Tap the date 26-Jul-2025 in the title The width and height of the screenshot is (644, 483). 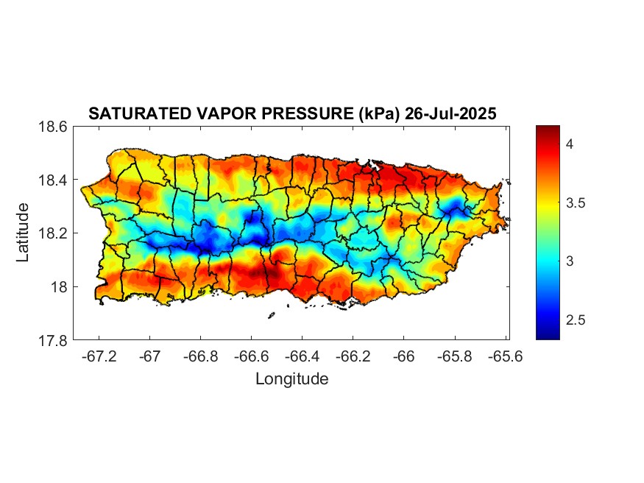point(450,114)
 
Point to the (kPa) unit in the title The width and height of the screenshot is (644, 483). point(379,114)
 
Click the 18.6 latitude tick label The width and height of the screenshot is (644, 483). point(52,127)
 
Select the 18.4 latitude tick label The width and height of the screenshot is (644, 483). point(52,180)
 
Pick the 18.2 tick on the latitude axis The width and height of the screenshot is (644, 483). point(52,233)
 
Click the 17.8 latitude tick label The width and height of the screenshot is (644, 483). point(52,340)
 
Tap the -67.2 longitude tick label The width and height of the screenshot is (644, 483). point(99,356)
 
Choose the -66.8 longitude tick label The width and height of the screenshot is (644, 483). point(200,356)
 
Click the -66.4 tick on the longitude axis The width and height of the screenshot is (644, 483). point(302,356)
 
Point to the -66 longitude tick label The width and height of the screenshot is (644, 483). point(403,356)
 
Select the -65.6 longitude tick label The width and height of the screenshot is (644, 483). point(505,356)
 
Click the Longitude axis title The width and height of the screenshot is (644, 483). point(292,378)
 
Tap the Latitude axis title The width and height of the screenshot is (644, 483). point(23,233)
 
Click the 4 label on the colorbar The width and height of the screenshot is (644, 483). point(569,144)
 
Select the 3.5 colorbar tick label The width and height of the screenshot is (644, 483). point(575,202)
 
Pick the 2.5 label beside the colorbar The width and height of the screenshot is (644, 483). point(575,320)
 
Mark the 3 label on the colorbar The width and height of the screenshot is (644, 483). point(569,261)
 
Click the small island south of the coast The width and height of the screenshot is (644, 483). point(271,315)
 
